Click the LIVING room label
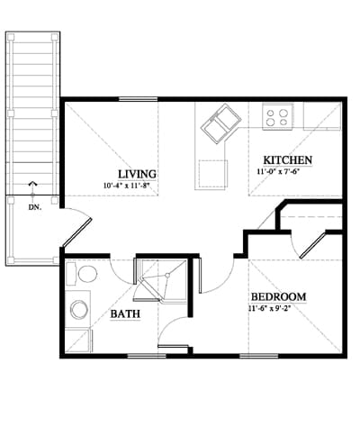pyautogui.click(x=137, y=174)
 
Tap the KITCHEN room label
pyautogui.click(x=288, y=160)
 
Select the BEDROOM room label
pyautogui.click(x=278, y=297)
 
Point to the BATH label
pyautogui.click(x=125, y=314)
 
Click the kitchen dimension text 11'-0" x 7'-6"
pyautogui.click(x=279, y=172)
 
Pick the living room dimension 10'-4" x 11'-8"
pyautogui.click(x=126, y=186)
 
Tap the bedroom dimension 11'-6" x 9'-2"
pyautogui.click(x=270, y=309)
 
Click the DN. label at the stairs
pyautogui.click(x=35, y=207)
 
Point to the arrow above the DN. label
pyautogui.click(x=32, y=190)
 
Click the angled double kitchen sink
pyautogui.click(x=221, y=123)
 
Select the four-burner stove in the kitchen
pyautogui.click(x=277, y=117)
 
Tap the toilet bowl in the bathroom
pyautogui.click(x=87, y=274)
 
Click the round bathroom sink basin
pyautogui.click(x=79, y=310)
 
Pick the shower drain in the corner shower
pyautogui.click(x=167, y=275)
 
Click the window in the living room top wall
pyautogui.click(x=139, y=99)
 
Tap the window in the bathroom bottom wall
pyautogui.click(x=147, y=356)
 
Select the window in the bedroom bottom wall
pyautogui.click(x=259, y=356)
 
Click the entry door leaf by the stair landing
pyautogui.click(x=76, y=233)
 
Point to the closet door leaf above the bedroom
pyautogui.click(x=313, y=245)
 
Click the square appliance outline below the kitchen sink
pyautogui.click(x=212, y=175)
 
